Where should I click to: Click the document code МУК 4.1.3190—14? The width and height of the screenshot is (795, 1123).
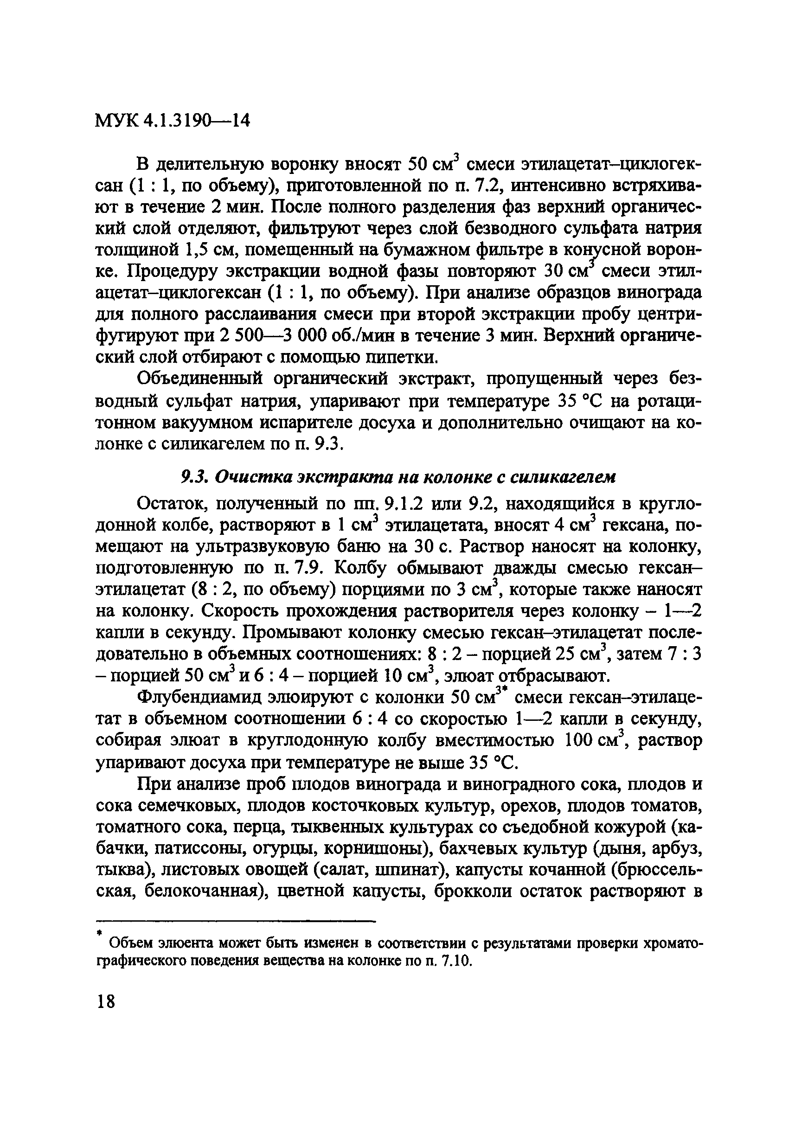pyautogui.click(x=172, y=121)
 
